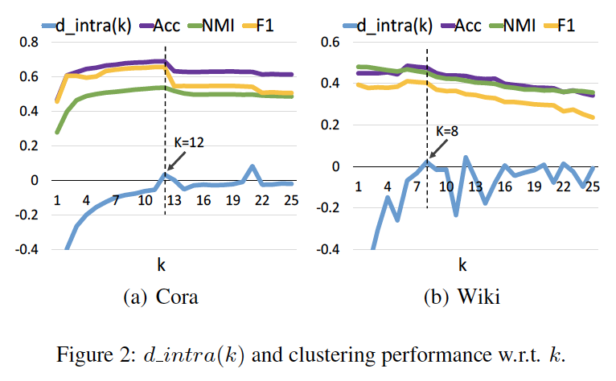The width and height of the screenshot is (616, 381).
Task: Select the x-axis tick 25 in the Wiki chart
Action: [x=592, y=186]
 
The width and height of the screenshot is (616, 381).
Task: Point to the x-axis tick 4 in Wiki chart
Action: [x=387, y=186]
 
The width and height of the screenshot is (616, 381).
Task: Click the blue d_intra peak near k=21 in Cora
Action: [x=253, y=166]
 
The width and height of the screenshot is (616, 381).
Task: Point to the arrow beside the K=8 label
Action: [x=437, y=148]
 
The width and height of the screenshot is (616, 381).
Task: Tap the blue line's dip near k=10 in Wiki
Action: [x=455, y=214]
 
